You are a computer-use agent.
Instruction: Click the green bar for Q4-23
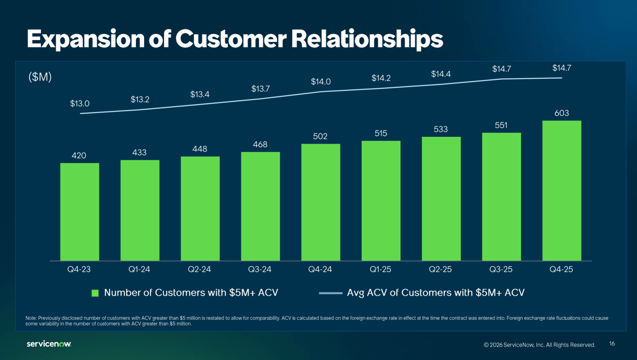(x=79, y=212)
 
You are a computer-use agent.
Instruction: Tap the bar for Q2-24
(x=200, y=208)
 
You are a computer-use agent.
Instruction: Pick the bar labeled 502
(x=320, y=202)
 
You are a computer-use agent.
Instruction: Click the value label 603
(x=561, y=113)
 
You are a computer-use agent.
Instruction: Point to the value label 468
(x=260, y=144)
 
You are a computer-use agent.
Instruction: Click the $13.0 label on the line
(x=79, y=104)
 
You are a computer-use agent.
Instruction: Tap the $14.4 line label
(x=441, y=74)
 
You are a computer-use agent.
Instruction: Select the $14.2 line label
(x=381, y=78)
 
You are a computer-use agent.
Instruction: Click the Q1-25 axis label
(x=380, y=269)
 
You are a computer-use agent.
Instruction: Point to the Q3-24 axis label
(x=260, y=269)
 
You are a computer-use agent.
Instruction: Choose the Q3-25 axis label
(x=501, y=269)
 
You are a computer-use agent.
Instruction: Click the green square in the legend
(x=95, y=293)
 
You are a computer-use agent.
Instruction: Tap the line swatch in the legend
(x=330, y=293)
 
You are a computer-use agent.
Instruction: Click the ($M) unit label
(x=40, y=77)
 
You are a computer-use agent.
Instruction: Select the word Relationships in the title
(x=367, y=39)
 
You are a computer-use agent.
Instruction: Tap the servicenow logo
(x=49, y=344)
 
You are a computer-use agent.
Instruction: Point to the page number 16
(x=612, y=344)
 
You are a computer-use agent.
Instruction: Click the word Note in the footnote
(x=31, y=318)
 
